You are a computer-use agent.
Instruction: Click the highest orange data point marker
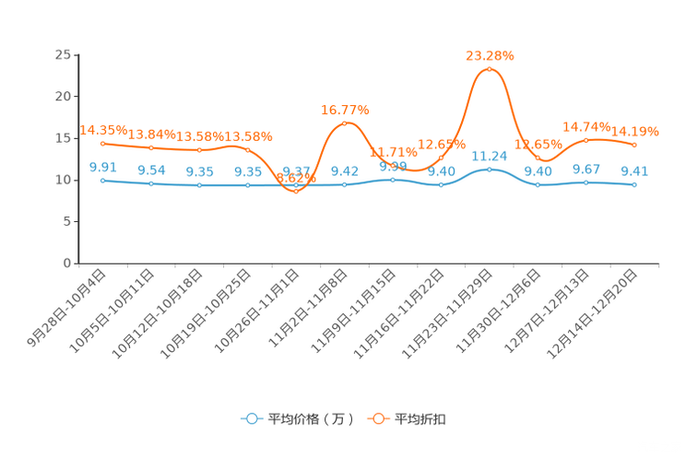coord(489,69)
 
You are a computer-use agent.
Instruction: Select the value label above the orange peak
coord(489,55)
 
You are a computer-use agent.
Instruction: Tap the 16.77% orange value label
coord(345,110)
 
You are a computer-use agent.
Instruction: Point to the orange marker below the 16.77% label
coord(345,123)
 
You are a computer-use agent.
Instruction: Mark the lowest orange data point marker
coord(296,191)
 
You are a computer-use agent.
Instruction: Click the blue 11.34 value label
coord(489,155)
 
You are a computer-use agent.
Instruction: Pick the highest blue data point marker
coord(489,169)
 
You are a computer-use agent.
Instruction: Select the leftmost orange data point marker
coord(102,143)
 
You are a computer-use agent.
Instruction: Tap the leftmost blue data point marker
coord(102,180)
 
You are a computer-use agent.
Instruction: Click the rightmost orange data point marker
coord(634,145)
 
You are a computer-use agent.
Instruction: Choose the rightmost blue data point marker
coord(634,185)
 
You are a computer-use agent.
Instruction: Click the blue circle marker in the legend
coord(252,418)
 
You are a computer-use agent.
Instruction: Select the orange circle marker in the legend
coord(378,418)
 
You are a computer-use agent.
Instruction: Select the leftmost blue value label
coord(102,166)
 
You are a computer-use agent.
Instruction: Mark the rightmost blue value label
coord(634,170)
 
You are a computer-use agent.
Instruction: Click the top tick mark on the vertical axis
coord(77,54)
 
